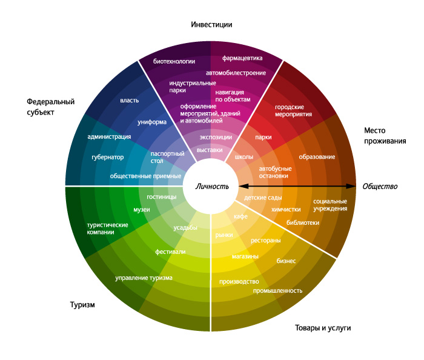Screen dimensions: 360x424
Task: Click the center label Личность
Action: click(x=212, y=186)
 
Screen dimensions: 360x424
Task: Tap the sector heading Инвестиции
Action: click(x=211, y=25)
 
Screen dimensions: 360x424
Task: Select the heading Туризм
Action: click(x=82, y=304)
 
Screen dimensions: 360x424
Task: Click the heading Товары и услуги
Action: click(x=323, y=328)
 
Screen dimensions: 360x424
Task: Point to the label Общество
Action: click(x=380, y=186)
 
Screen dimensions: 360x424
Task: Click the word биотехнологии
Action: click(x=174, y=61)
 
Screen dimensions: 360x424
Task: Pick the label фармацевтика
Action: click(x=242, y=59)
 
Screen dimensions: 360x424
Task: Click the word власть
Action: click(x=130, y=100)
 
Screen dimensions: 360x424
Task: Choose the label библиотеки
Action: click(x=303, y=222)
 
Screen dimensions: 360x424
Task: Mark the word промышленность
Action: click(x=277, y=290)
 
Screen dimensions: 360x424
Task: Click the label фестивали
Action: click(x=170, y=251)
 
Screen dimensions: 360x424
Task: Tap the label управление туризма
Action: click(x=144, y=278)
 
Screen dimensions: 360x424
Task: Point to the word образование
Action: click(x=317, y=157)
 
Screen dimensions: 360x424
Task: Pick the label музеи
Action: click(x=141, y=210)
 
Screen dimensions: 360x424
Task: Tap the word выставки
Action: click(x=210, y=149)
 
